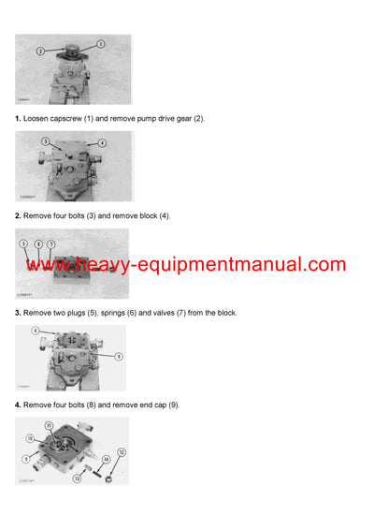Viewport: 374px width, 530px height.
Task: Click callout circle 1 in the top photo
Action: pos(101,43)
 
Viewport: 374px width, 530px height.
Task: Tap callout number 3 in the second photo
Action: pos(45,140)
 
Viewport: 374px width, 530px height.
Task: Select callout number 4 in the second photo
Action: pos(102,142)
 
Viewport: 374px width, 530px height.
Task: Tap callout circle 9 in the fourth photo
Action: pos(118,356)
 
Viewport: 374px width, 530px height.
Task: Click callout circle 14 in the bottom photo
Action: pos(106,460)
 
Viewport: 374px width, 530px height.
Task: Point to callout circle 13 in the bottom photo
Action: pos(76,477)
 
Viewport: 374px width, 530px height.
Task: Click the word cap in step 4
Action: pos(168,405)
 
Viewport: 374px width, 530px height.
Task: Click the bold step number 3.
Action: pos(18,312)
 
